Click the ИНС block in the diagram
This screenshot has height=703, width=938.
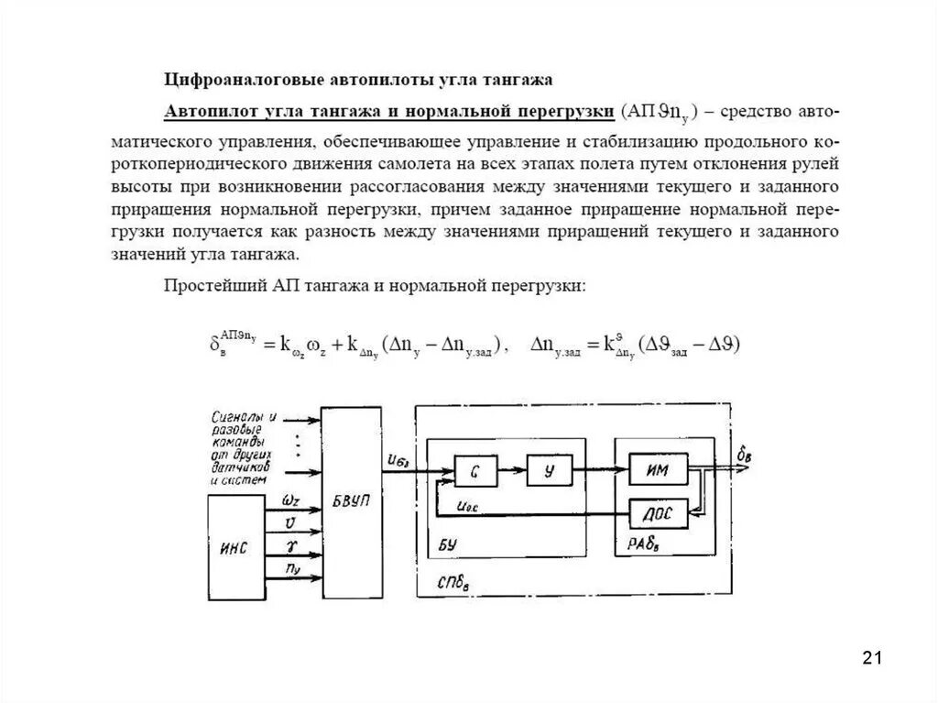[234, 547]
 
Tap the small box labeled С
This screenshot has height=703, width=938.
[476, 471]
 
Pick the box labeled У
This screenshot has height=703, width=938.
[549, 471]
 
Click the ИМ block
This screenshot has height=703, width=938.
[657, 471]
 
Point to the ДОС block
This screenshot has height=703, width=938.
[657, 514]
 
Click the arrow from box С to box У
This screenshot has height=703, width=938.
[513, 471]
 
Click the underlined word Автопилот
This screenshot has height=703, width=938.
[203, 112]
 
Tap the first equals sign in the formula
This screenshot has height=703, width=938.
[269, 346]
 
